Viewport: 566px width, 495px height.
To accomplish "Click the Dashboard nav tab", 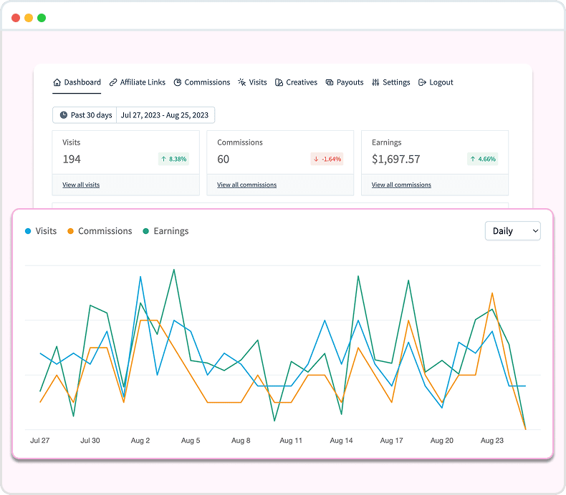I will pyautogui.click(x=77, y=82).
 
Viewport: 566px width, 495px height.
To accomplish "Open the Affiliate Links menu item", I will pyautogui.click(x=138, y=82).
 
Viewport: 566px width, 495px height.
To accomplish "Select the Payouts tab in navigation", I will pyautogui.click(x=345, y=82).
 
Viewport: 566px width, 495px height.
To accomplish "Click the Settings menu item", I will pyautogui.click(x=391, y=82).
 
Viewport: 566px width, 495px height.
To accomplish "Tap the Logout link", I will pyautogui.click(x=436, y=82).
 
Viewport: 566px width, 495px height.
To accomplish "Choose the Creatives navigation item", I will pyautogui.click(x=297, y=82).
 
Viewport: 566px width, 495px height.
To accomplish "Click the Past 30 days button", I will pyautogui.click(x=85, y=115).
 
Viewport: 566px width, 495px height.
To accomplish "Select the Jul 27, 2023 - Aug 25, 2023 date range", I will pyautogui.click(x=165, y=115).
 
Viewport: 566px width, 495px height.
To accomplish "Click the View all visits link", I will pyautogui.click(x=81, y=185).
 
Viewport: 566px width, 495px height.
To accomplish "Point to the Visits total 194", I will pyautogui.click(x=72, y=159).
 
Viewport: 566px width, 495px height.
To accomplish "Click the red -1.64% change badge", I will pyautogui.click(x=327, y=159).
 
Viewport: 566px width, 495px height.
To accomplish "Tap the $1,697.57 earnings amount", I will pyautogui.click(x=395, y=159).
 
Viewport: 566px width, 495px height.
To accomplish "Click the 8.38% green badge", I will pyautogui.click(x=173, y=159).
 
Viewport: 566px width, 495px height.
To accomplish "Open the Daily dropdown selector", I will pyautogui.click(x=512, y=231).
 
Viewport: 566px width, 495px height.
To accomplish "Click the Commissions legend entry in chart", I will pyautogui.click(x=100, y=231).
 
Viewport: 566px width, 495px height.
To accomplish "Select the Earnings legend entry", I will pyautogui.click(x=166, y=231).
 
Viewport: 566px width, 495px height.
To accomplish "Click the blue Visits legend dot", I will pyautogui.click(x=28, y=231).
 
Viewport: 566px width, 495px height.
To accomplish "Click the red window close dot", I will pyautogui.click(x=16, y=18).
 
